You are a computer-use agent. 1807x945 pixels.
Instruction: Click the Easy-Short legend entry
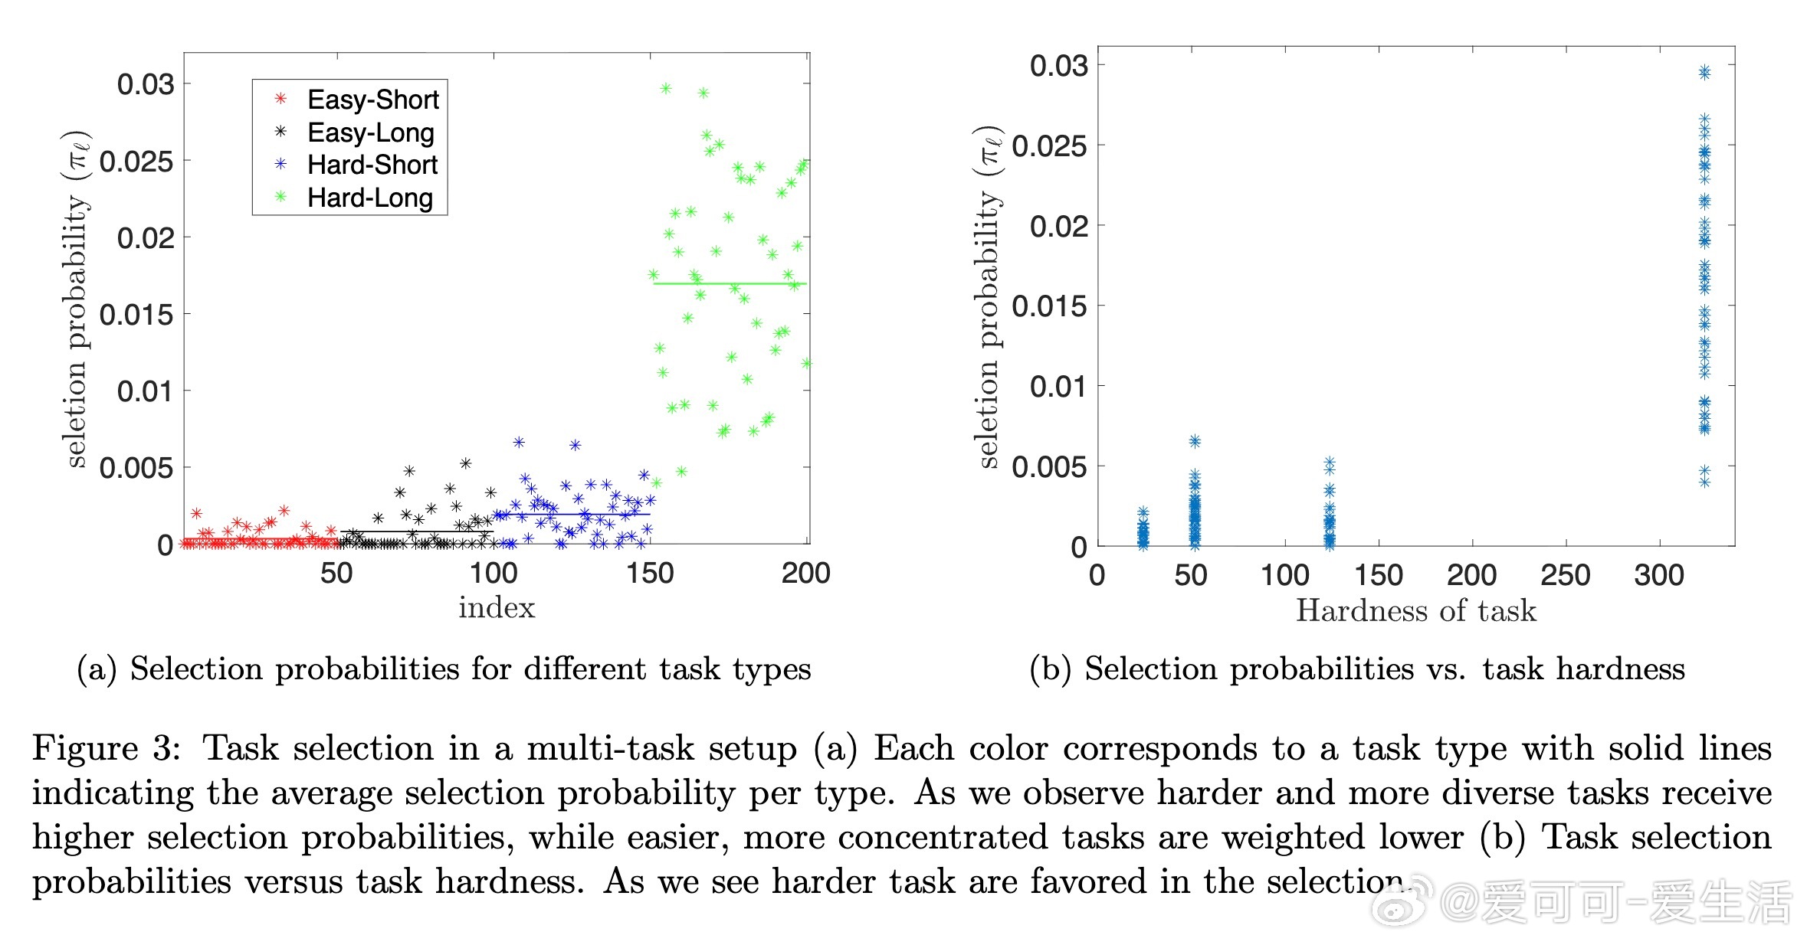[372, 100]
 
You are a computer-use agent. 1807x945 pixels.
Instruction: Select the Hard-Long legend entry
[369, 198]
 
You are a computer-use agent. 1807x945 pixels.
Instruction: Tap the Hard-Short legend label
[372, 165]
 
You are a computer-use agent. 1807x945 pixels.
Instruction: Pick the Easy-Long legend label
[371, 132]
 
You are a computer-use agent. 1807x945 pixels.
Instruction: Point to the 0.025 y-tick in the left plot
[136, 162]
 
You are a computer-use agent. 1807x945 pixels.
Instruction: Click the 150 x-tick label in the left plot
[650, 573]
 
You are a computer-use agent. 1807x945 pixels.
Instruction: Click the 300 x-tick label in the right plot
[1658, 575]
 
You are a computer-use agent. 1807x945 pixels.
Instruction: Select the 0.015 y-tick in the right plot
[1049, 306]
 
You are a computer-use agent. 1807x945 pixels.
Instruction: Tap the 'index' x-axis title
[497, 607]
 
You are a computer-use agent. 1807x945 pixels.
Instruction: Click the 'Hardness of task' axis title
[1416, 610]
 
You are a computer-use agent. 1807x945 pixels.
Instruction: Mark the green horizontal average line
[728, 284]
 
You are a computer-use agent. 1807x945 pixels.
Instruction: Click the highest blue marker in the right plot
[1704, 72]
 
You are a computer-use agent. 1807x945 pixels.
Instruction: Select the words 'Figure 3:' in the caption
[107, 748]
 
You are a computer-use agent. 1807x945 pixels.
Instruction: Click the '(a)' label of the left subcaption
[97, 669]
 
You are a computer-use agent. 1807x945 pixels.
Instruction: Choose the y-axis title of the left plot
[75, 299]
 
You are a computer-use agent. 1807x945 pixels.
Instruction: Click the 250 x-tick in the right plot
[1565, 575]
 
